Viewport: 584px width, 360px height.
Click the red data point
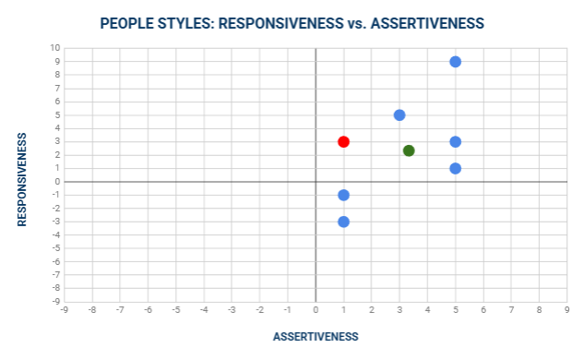343,141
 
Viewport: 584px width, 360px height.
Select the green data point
409,150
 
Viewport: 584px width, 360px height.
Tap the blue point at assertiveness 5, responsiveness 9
455,62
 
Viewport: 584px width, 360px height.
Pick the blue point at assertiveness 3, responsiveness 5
399,115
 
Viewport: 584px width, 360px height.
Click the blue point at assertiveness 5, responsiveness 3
455,141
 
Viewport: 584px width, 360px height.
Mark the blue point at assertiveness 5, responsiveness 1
455,168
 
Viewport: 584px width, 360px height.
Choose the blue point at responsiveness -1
343,195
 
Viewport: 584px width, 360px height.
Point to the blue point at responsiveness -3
343,222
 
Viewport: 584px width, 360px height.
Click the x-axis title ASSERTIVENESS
316,337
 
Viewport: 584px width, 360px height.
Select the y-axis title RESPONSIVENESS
22,178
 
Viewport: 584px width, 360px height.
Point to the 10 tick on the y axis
54,48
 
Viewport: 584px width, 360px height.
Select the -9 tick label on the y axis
54,301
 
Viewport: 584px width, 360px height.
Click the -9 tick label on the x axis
64,311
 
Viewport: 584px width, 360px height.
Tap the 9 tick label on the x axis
566,311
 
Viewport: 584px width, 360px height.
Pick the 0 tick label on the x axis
316,311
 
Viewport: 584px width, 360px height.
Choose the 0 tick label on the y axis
57,182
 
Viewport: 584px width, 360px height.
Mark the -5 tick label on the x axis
175,311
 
